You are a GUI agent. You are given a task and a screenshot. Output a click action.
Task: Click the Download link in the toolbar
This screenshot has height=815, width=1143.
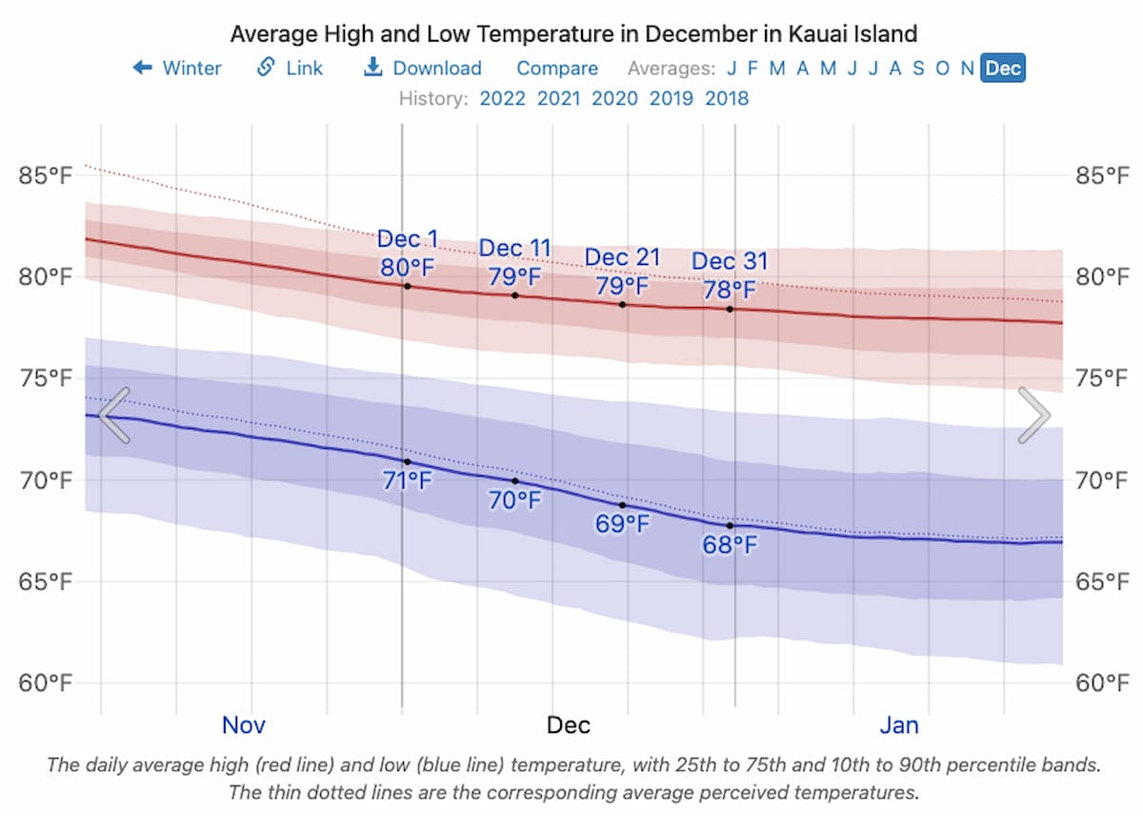click(x=424, y=68)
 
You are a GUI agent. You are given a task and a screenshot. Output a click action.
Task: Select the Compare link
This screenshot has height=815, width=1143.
click(x=557, y=68)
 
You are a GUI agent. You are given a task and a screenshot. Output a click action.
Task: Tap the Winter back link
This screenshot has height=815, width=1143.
click(x=177, y=68)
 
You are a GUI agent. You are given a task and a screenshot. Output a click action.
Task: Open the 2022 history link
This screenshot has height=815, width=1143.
click(x=502, y=98)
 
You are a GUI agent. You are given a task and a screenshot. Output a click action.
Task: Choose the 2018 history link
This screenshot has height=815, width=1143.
click(x=727, y=98)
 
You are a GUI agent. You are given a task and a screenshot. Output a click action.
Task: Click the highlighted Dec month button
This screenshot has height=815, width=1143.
click(x=1003, y=68)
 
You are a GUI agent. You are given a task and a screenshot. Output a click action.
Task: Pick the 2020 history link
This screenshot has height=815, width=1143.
click(x=614, y=98)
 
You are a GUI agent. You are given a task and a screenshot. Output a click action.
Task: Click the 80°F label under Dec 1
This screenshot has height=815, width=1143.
click(x=408, y=268)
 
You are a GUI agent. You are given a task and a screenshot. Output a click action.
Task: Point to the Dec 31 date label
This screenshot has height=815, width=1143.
click(x=730, y=261)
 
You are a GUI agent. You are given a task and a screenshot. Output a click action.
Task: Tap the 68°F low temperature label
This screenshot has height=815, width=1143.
click(x=731, y=546)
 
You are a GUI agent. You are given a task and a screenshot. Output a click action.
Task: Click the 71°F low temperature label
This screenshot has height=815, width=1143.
click(x=408, y=481)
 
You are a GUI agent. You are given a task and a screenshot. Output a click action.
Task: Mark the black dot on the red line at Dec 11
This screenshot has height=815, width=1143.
click(x=515, y=295)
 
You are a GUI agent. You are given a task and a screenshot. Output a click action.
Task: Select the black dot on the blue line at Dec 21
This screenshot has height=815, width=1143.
click(x=623, y=505)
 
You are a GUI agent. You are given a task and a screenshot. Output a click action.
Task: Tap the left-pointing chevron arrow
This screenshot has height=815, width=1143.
click(x=114, y=416)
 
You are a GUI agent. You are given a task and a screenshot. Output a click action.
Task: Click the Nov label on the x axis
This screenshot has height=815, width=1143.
click(x=244, y=725)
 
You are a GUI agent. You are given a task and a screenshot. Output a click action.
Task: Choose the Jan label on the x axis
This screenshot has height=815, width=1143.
click(x=899, y=725)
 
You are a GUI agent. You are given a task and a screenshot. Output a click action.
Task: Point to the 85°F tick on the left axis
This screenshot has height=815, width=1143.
click(x=46, y=175)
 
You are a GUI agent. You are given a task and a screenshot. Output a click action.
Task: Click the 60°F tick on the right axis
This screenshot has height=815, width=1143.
click(x=1103, y=683)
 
